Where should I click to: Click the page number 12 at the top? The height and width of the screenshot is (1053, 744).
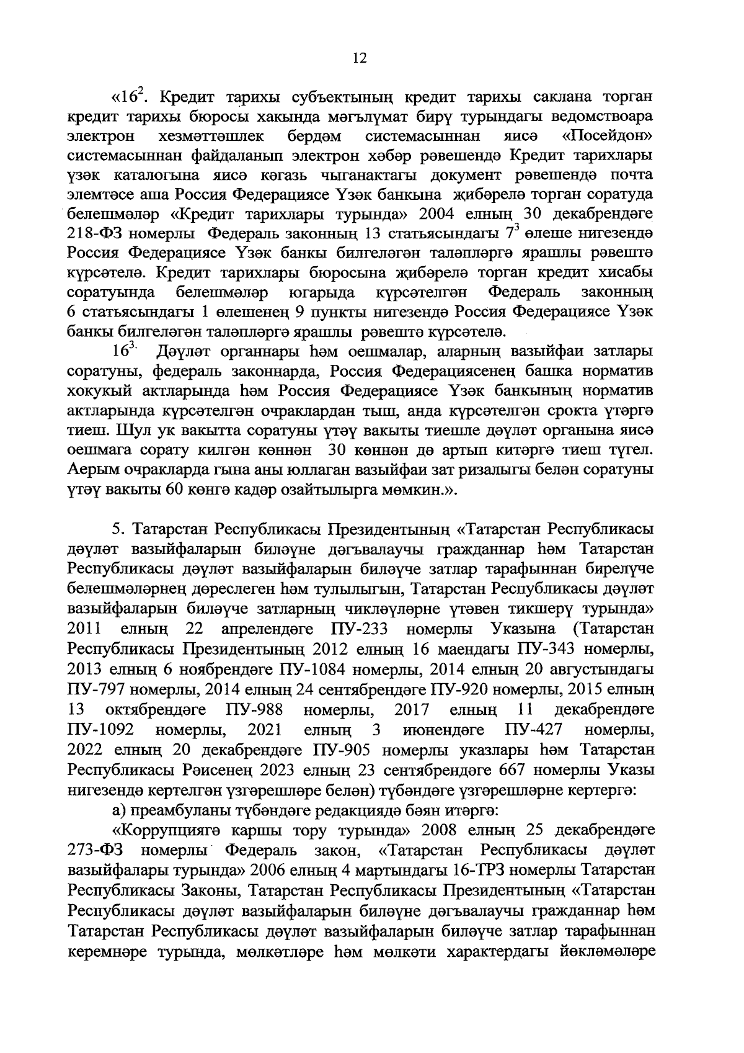359,58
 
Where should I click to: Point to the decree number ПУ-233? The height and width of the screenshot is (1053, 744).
360,629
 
